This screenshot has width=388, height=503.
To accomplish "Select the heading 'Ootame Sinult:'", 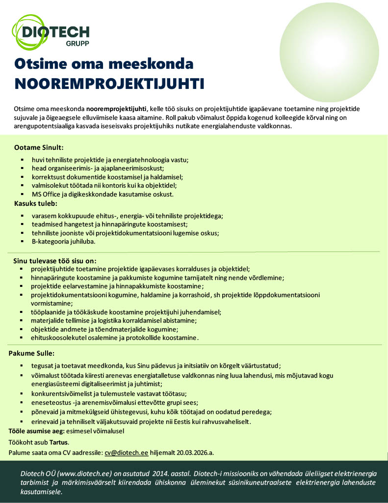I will [39, 147].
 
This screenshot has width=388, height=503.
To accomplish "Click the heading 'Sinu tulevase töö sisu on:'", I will [55, 260].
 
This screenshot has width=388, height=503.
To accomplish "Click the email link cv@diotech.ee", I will [126, 452].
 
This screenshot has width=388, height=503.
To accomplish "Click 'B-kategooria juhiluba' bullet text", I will [63, 242].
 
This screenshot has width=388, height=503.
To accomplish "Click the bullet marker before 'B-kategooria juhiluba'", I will [23, 242].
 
